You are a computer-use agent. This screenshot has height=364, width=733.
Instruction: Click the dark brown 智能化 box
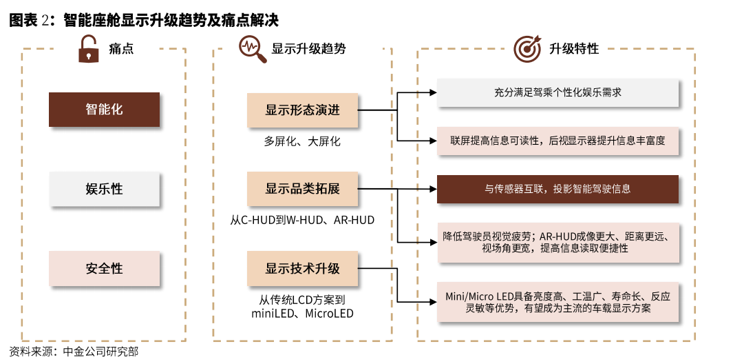click(104, 110)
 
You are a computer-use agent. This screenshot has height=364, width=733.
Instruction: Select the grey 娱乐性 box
click(104, 190)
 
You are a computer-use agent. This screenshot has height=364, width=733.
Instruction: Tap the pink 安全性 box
click(104, 268)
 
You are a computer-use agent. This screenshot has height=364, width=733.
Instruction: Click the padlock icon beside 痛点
click(89, 49)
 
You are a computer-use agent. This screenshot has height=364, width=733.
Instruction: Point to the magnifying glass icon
click(253, 50)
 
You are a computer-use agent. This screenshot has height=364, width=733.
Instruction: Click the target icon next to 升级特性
click(527, 48)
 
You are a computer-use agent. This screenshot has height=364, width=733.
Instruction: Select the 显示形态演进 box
click(302, 110)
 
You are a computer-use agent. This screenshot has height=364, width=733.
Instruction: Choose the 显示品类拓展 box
click(302, 189)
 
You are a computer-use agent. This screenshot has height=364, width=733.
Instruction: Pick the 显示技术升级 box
click(302, 268)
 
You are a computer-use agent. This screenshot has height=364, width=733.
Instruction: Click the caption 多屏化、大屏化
click(302, 141)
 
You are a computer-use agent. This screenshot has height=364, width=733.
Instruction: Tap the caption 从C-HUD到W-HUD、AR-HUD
click(302, 220)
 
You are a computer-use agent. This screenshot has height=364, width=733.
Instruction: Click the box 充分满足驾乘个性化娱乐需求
click(557, 92)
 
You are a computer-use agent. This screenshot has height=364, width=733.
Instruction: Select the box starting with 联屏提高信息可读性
click(557, 141)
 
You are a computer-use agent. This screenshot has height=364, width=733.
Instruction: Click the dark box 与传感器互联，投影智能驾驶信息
click(557, 189)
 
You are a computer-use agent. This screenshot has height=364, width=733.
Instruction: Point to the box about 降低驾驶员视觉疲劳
click(557, 242)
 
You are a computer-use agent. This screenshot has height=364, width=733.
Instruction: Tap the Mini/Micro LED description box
click(557, 302)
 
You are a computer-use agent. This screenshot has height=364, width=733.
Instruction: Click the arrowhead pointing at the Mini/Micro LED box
click(434, 302)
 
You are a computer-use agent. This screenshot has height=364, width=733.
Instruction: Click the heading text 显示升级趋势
click(308, 49)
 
